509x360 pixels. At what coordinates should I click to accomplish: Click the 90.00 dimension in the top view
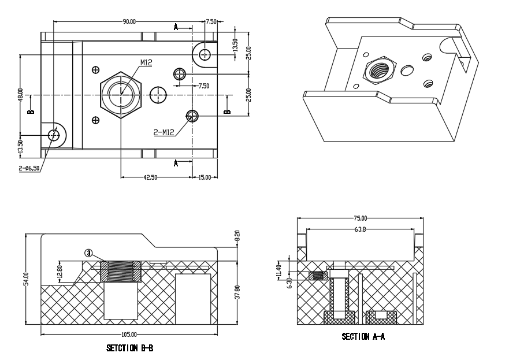coord(129,21)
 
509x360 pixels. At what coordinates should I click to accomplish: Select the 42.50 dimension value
coord(150,177)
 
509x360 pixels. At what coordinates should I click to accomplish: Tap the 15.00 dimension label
coord(205,177)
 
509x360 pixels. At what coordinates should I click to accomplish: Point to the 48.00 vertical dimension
coord(20,95)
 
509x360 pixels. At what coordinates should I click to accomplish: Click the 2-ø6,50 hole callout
coord(29,168)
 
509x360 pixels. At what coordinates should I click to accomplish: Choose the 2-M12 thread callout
coord(164,132)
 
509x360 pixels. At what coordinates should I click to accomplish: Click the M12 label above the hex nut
coord(146,62)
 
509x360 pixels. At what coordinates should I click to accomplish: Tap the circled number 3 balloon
coord(88,253)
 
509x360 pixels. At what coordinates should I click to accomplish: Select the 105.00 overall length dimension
coord(129,335)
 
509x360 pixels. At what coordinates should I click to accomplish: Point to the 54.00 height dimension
coord(27,279)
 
